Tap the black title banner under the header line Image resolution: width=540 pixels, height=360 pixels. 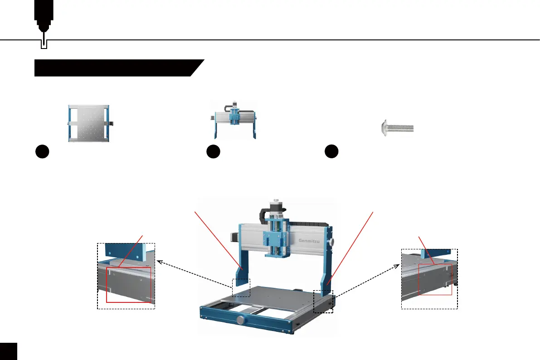pos(116,68)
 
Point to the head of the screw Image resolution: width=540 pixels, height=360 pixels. pos(384,128)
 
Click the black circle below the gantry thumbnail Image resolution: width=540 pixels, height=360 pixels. pos(212,151)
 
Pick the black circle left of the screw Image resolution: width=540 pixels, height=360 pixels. pos(332,151)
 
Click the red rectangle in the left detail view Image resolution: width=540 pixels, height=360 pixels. pos(128,284)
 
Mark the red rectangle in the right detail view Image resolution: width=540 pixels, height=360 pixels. pos(435,278)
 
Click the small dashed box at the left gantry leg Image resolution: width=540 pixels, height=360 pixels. pos(241,288)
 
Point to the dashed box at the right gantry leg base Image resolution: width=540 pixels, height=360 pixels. pos(323,302)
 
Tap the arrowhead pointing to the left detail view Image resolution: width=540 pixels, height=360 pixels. pos(160,262)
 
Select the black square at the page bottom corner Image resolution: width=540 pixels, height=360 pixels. pos(8,351)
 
